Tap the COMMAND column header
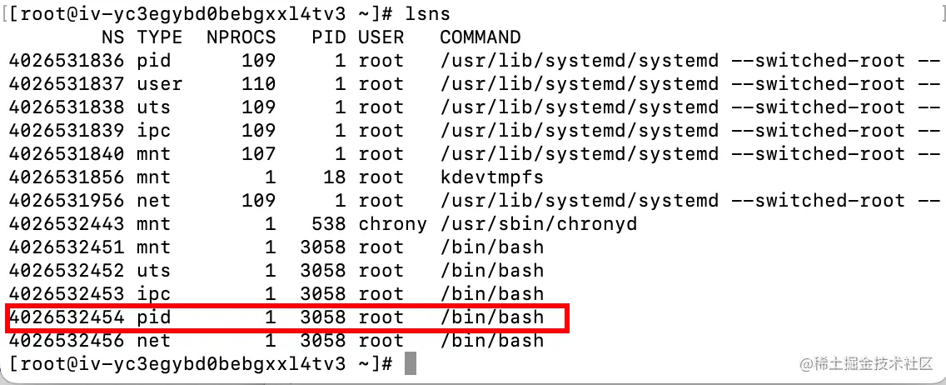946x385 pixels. click(x=480, y=37)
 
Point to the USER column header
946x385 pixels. click(x=381, y=37)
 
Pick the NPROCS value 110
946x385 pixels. click(x=258, y=84)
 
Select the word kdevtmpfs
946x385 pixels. click(x=491, y=177)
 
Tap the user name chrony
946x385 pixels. click(x=392, y=224)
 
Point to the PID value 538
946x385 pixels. click(x=328, y=224)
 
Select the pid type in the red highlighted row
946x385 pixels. click(x=153, y=317)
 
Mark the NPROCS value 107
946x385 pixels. click(x=258, y=154)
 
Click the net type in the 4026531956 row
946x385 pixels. click(x=153, y=201)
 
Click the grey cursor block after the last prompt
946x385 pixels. click(x=410, y=364)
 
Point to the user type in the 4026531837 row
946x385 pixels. click(x=159, y=84)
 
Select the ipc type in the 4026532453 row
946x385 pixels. click(x=153, y=294)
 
